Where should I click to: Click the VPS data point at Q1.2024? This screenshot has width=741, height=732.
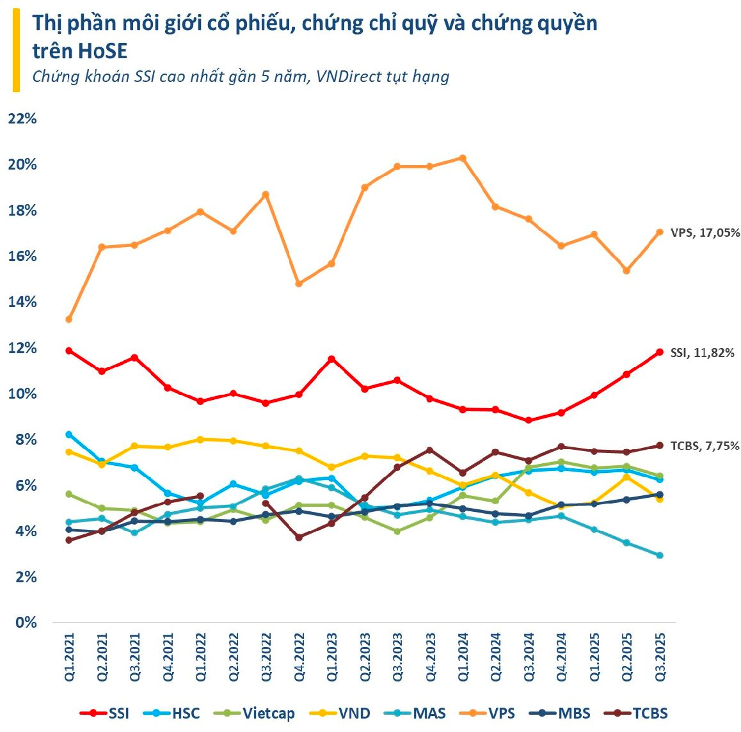463,158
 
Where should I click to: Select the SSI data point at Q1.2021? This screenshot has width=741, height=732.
68,351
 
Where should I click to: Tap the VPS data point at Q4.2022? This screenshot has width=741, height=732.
299,283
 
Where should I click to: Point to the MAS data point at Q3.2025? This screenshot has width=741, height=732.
660,555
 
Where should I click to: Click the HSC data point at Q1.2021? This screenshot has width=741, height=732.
68,434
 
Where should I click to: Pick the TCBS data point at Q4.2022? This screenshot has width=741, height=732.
299,537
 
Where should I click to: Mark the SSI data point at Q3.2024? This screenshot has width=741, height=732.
529,420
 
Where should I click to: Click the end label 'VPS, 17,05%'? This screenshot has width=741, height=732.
705,233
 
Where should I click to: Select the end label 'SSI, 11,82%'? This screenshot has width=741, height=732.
702,353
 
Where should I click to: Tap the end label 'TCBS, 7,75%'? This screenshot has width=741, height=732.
705,446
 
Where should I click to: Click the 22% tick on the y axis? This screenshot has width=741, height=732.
22,119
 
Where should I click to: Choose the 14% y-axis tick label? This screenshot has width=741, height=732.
22,302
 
